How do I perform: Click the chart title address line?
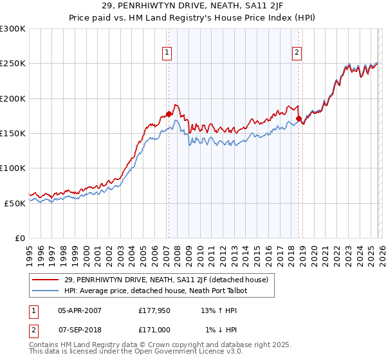tap(193, 6)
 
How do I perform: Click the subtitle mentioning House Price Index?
tap(193, 17)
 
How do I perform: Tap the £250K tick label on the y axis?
tap(13, 64)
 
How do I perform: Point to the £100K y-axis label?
tap(13, 168)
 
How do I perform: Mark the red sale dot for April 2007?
tap(169, 114)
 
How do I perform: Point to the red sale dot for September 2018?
tap(299, 119)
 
